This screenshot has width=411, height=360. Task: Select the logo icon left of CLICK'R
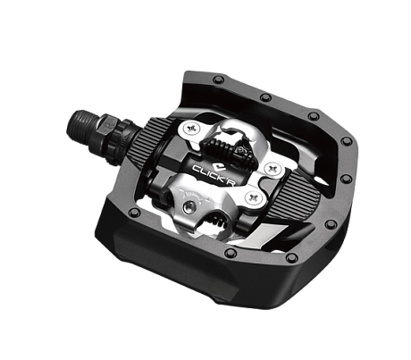197,167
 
